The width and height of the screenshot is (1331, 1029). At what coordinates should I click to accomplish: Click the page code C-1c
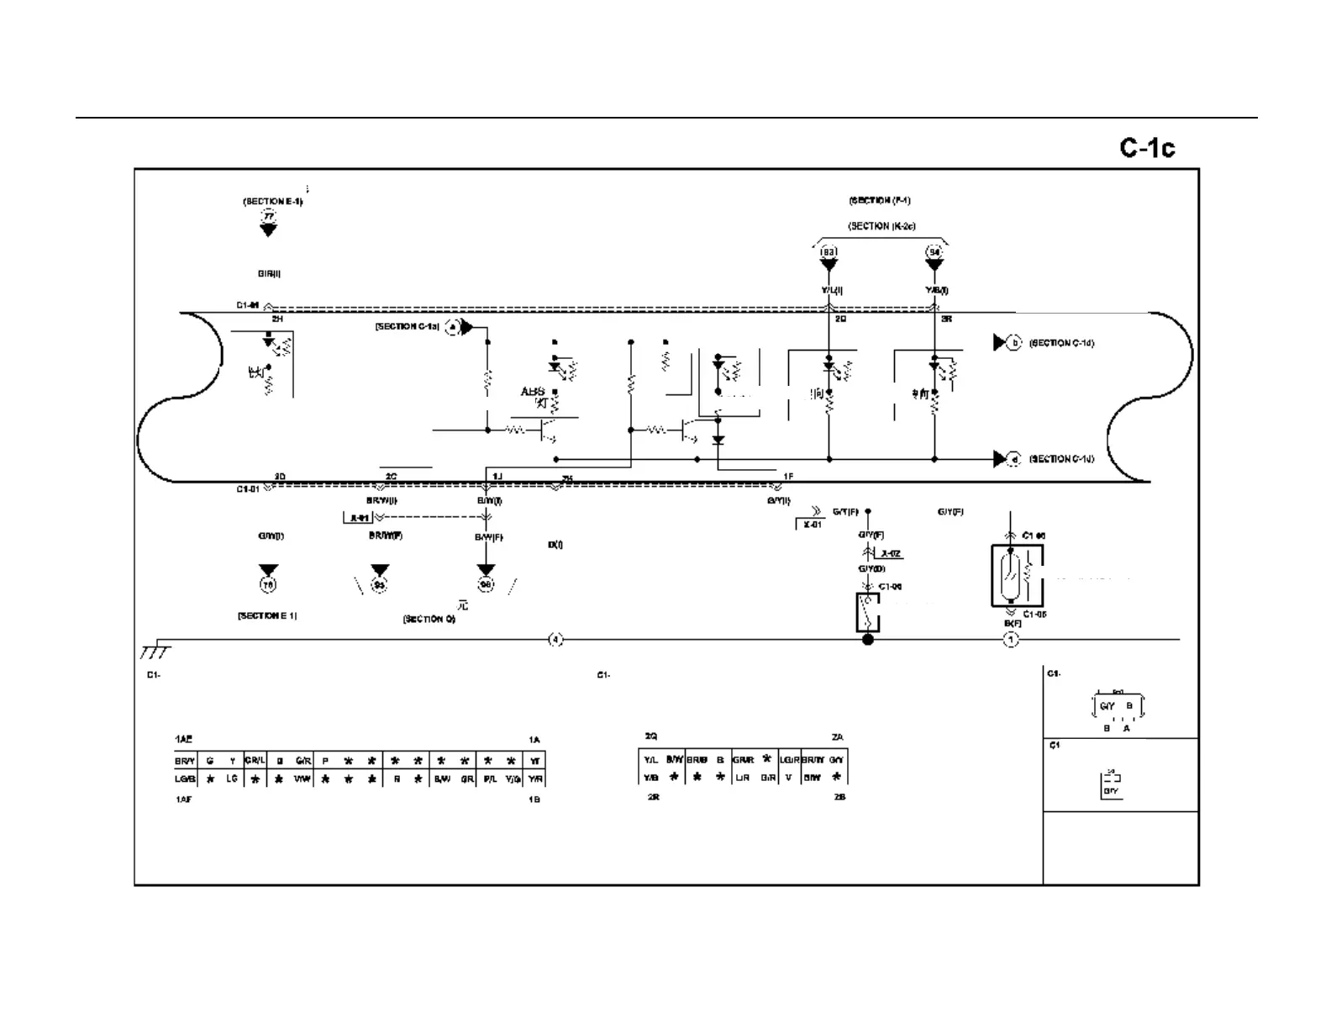coord(1147,148)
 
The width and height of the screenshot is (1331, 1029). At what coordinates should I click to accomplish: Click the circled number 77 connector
coord(268,217)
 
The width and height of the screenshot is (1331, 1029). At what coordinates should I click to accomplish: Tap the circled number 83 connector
coord(829,252)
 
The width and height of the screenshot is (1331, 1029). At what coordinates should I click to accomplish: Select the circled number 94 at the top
coord(934,252)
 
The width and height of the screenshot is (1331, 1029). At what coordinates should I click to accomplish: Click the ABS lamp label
coord(533,392)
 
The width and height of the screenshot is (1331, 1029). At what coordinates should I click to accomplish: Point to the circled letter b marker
coord(1015,343)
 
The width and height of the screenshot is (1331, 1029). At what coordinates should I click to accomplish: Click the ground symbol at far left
coord(155,650)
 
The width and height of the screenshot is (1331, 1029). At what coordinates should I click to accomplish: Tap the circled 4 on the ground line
coord(555,640)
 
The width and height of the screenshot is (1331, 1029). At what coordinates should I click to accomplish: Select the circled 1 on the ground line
coord(1011,641)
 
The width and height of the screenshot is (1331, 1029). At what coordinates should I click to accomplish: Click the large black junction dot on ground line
coord(868,640)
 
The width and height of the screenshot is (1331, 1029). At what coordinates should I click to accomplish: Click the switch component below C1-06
coord(868,612)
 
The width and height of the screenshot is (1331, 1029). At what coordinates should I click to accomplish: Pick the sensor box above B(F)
coord(1016,575)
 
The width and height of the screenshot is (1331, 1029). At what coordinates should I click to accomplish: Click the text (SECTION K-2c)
coord(881,226)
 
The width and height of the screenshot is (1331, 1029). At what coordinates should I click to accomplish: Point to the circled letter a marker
coord(452,327)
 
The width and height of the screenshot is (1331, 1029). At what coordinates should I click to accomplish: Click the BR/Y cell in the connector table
coord(185,761)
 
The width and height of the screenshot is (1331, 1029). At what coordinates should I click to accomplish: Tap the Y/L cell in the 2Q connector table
coord(650,760)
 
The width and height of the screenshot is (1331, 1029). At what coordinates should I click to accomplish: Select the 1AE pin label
coord(183,739)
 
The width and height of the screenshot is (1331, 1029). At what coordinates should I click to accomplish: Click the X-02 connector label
coord(891,553)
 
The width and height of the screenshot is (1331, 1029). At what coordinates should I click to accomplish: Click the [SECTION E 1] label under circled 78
coord(267,616)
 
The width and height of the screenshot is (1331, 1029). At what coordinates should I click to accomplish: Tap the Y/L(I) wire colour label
coord(831,291)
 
